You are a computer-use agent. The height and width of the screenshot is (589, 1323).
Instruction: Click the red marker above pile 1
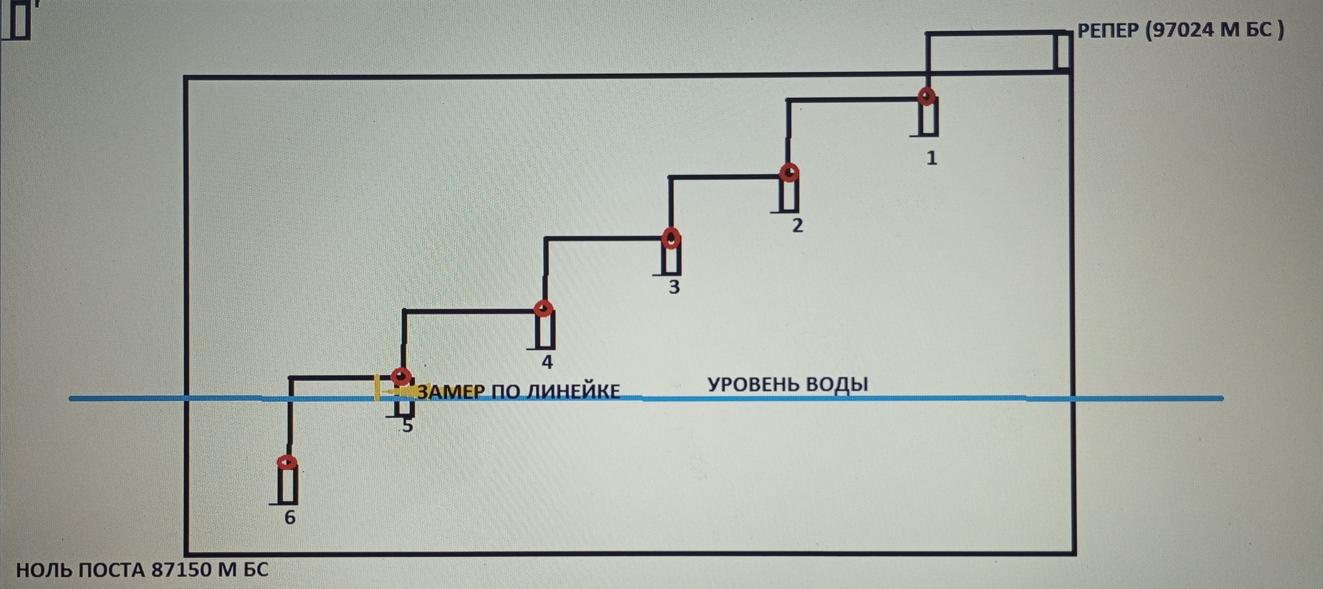coord(927,97)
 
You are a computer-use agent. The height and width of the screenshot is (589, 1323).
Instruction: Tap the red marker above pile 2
coord(789,173)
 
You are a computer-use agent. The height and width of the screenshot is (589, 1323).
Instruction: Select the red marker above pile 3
coord(671,239)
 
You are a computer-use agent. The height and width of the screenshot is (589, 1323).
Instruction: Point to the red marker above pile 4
coord(543,308)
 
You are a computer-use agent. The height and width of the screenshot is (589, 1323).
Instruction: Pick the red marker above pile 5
coord(401,376)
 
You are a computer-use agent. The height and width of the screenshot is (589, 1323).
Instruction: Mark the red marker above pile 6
coord(287,462)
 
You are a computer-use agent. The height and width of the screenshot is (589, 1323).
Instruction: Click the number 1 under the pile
coord(932,158)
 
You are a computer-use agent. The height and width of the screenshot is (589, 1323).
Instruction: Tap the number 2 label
coord(797,225)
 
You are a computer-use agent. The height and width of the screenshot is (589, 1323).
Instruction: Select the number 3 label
coord(674,286)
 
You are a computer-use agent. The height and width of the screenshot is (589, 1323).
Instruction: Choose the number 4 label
coord(547,362)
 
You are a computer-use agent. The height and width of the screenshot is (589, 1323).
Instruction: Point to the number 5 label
coord(407,426)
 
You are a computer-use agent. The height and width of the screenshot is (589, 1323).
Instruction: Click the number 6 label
coord(290,517)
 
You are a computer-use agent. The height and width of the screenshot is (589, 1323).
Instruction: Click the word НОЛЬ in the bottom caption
coord(43,570)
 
